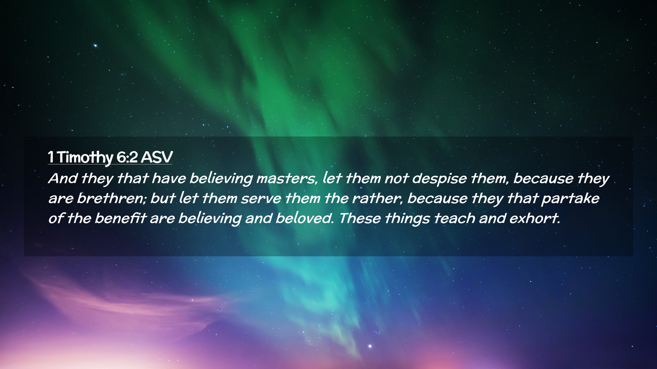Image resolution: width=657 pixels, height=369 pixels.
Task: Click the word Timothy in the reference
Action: (85, 158)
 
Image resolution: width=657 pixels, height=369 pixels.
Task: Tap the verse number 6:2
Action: (127, 157)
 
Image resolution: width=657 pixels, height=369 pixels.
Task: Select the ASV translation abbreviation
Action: (156, 157)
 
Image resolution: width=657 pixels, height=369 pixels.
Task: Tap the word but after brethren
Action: (163, 199)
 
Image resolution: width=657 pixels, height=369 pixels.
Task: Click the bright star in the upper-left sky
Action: (95, 45)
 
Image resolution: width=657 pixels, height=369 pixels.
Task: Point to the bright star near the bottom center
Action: (370, 346)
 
